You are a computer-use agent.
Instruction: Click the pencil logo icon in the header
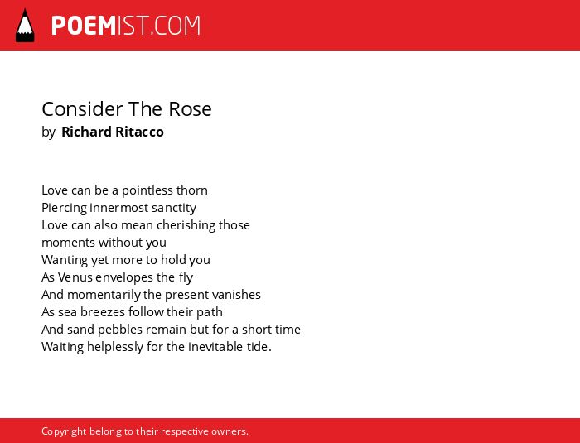pos(25,26)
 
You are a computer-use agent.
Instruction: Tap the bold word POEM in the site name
pos(84,26)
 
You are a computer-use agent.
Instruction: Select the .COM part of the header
pos(173,26)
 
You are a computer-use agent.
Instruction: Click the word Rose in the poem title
pos(190,109)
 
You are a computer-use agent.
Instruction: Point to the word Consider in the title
pos(83,109)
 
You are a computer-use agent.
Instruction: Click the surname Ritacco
pos(139,132)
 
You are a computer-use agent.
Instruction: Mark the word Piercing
pos(64,208)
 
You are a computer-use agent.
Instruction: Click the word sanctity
pos(174,208)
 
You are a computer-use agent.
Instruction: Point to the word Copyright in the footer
pos(64,431)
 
